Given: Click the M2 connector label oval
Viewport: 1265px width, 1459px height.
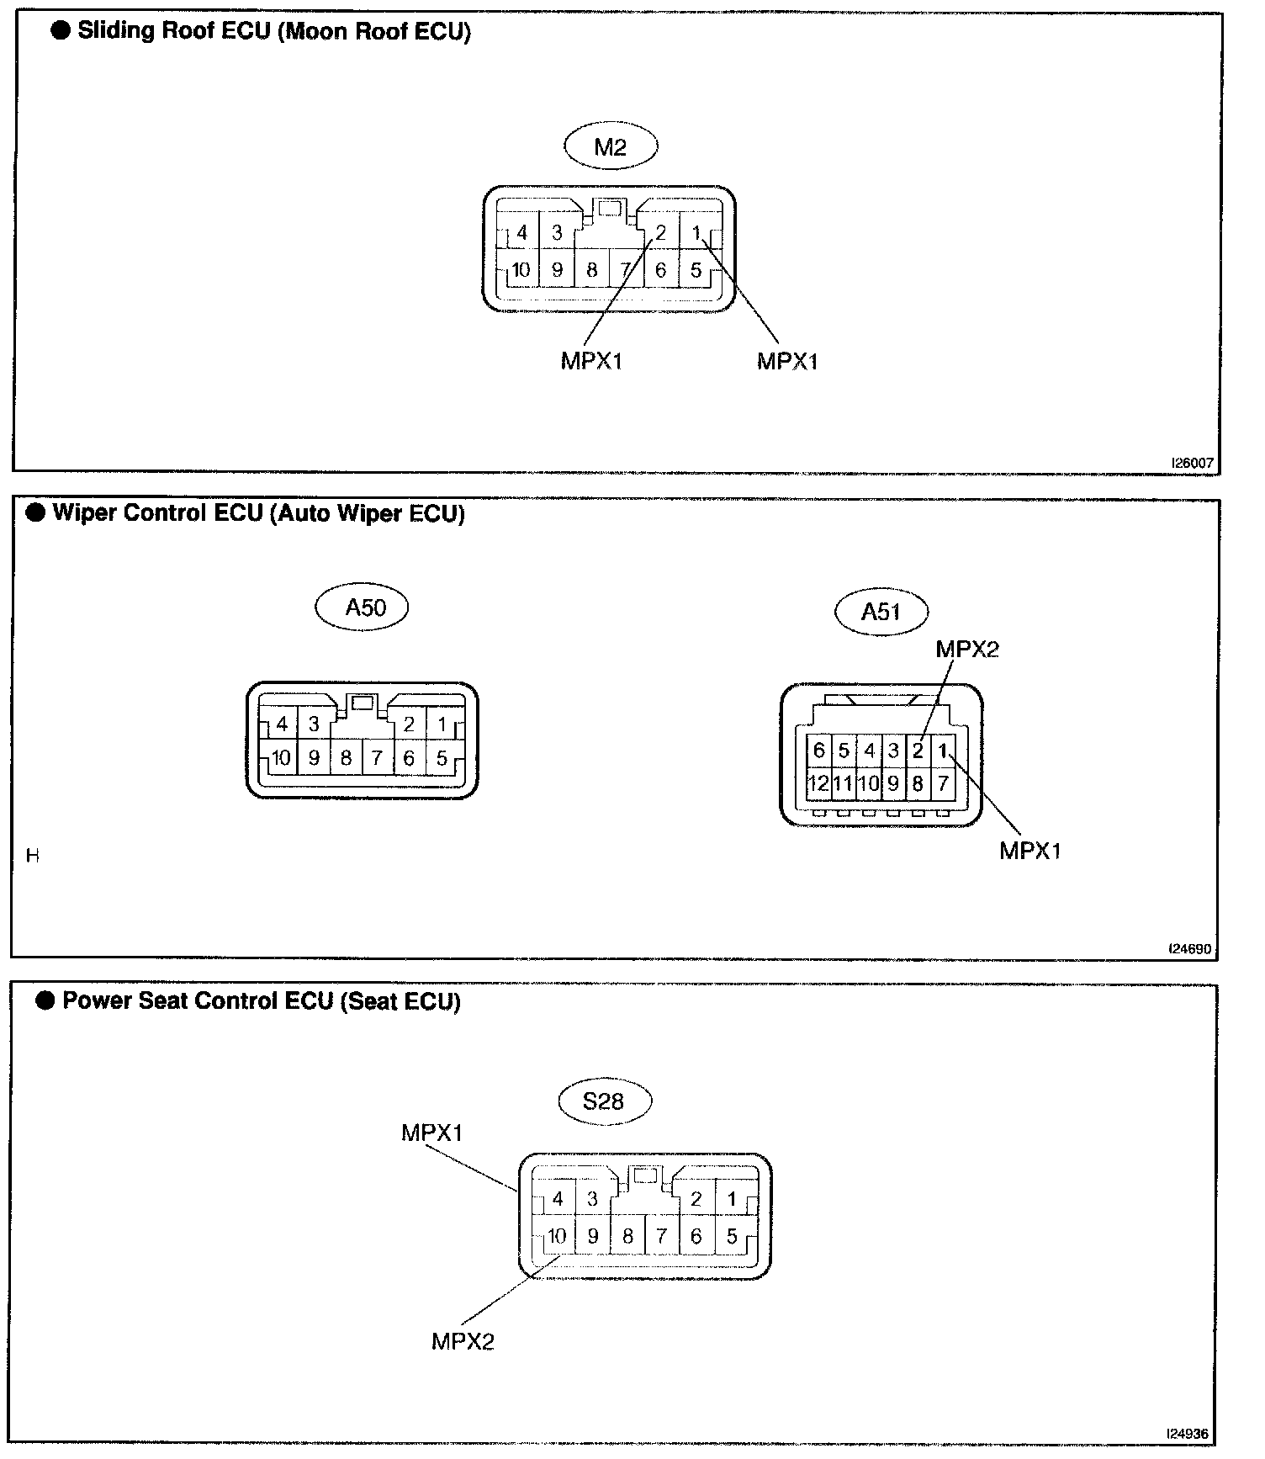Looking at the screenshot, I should pyautogui.click(x=610, y=147).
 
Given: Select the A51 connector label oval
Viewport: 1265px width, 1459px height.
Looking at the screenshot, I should pyautogui.click(x=881, y=612).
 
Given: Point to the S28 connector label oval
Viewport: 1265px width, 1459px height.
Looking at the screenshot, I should pyautogui.click(x=603, y=1101).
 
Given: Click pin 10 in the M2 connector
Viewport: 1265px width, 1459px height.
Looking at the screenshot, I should pyautogui.click(x=521, y=270).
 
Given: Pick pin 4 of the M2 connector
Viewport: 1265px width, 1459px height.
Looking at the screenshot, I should pyautogui.click(x=521, y=233).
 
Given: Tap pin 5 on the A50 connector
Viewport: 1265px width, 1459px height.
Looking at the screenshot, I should pyautogui.click(x=442, y=758).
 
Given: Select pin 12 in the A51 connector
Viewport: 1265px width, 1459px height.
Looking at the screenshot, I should pyautogui.click(x=818, y=784).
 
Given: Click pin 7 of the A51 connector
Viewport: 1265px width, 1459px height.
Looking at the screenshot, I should pyautogui.click(x=943, y=784).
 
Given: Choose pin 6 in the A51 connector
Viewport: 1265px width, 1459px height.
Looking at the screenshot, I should pyautogui.click(x=818, y=750).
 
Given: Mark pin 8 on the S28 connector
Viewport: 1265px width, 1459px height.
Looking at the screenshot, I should pyautogui.click(x=627, y=1236).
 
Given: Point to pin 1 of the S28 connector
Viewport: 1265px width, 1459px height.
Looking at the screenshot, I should pyautogui.click(x=732, y=1199).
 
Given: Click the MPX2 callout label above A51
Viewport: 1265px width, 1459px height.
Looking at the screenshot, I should pyautogui.click(x=967, y=649).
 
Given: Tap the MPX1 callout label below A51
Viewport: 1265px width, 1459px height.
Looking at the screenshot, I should pyautogui.click(x=1030, y=851).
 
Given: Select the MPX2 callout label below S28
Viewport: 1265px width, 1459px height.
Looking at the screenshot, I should pyautogui.click(x=463, y=1341).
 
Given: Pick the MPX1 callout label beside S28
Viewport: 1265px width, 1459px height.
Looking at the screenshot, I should pyautogui.click(x=432, y=1133).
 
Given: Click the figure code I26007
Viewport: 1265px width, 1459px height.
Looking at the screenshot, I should pyautogui.click(x=1193, y=463).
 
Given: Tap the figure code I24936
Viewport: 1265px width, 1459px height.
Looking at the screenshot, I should pyautogui.click(x=1188, y=1433).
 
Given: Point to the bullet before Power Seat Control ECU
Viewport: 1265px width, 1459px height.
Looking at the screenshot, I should pyautogui.click(x=45, y=1000).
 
